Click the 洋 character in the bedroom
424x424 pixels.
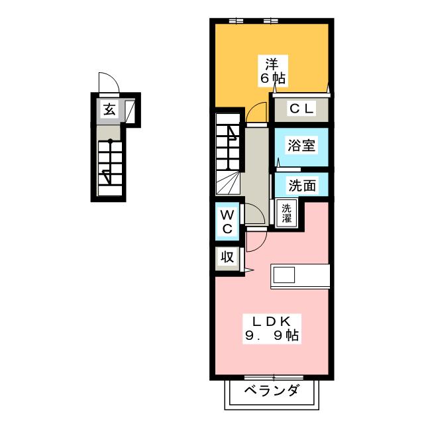tap(272, 65)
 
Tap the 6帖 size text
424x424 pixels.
tap(272, 78)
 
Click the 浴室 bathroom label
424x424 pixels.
tap(301, 146)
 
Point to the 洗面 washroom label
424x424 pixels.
tap(301, 185)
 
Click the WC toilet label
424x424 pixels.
tap(227, 222)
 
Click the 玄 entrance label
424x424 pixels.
tap(109, 110)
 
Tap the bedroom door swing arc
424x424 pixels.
tap(256, 114)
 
